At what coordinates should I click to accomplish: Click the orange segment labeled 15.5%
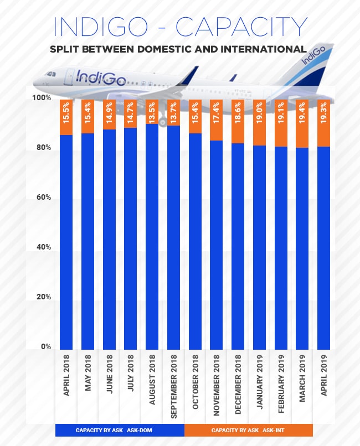coord(66,117)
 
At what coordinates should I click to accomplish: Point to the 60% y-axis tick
coord(44,198)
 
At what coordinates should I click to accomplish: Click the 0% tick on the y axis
coord(45,347)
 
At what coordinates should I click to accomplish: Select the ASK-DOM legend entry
coord(120,430)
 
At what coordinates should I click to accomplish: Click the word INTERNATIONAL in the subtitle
coord(260,49)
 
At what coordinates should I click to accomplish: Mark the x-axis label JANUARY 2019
coord(259,377)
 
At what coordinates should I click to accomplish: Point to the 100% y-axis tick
coord(42,98)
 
